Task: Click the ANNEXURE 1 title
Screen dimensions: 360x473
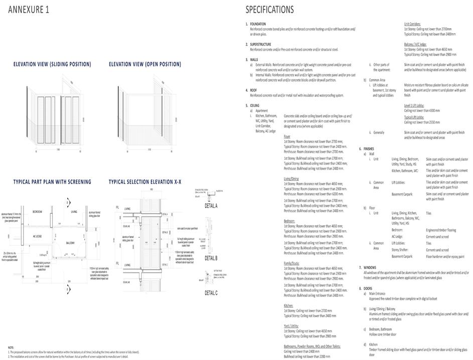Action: point(29,10)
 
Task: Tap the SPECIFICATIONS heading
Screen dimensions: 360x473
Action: point(269,10)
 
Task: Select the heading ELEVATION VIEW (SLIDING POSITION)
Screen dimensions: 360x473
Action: point(52,64)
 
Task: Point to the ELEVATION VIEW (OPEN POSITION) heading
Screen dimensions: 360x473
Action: point(145,64)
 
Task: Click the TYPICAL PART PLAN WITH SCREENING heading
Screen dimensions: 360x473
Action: point(52,182)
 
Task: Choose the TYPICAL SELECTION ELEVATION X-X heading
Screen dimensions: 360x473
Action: point(145,182)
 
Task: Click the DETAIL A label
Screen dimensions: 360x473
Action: point(211,206)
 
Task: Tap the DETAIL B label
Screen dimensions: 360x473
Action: point(211,258)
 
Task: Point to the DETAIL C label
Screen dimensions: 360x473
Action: point(211,293)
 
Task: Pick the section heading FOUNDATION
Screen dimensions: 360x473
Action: point(258,24)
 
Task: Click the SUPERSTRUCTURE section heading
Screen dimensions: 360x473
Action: point(261,44)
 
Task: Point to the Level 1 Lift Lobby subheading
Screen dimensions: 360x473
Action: point(414,106)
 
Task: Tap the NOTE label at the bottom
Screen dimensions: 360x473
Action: point(11,347)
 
